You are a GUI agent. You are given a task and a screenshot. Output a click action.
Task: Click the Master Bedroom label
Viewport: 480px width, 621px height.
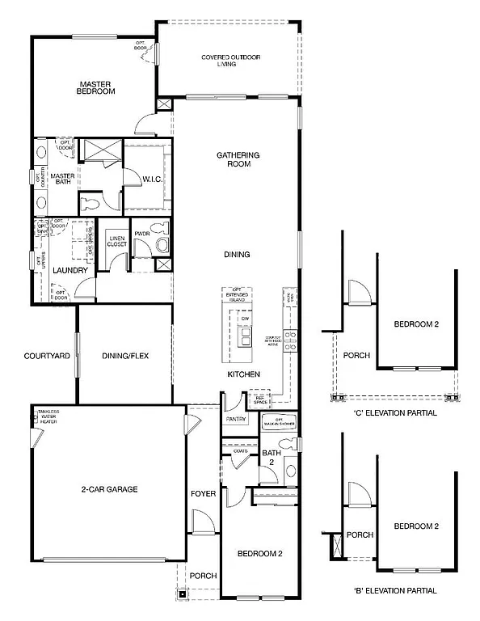(96, 87)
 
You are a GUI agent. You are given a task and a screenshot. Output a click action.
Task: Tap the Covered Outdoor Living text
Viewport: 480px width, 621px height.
(229, 61)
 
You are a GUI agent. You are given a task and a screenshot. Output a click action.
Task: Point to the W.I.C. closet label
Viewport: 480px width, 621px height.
(154, 178)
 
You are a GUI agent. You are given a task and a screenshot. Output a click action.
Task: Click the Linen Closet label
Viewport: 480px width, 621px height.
(116, 241)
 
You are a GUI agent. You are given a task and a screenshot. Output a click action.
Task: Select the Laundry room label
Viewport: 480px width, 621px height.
(69, 271)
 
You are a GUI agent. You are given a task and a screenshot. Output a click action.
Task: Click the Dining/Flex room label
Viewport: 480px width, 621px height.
(125, 356)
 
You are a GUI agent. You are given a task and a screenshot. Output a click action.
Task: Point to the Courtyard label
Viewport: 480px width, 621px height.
(46, 356)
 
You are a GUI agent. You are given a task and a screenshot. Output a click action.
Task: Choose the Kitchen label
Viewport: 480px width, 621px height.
(242, 374)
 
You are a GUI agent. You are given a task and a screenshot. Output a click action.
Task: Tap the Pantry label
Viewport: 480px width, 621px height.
(236, 419)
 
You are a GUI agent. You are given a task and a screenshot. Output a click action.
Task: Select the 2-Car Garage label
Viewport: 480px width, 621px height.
(109, 489)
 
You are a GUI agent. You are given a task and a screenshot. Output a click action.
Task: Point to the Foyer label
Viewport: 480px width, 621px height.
(203, 493)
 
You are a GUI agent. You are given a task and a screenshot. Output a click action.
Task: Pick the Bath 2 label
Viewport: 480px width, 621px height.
(270, 458)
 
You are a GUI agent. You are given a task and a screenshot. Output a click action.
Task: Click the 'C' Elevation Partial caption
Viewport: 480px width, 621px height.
(395, 412)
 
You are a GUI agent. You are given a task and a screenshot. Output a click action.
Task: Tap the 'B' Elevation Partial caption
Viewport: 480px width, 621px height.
(395, 590)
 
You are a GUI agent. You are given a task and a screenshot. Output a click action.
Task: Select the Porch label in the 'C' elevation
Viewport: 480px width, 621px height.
(356, 355)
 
